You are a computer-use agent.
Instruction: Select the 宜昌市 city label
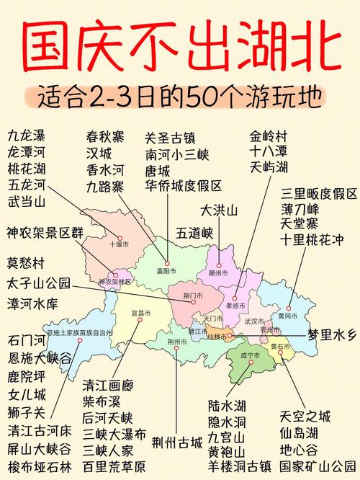click(141, 314)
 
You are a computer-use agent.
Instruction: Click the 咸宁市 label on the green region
click(248, 355)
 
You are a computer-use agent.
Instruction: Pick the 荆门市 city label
click(193, 295)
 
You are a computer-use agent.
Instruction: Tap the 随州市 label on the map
click(218, 273)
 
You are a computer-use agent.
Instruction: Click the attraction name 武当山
click(27, 203)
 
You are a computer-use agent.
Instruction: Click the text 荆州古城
click(178, 440)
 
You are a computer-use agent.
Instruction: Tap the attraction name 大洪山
click(219, 211)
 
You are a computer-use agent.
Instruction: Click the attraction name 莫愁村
click(27, 262)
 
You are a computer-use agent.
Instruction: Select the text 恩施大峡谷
click(40, 357)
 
